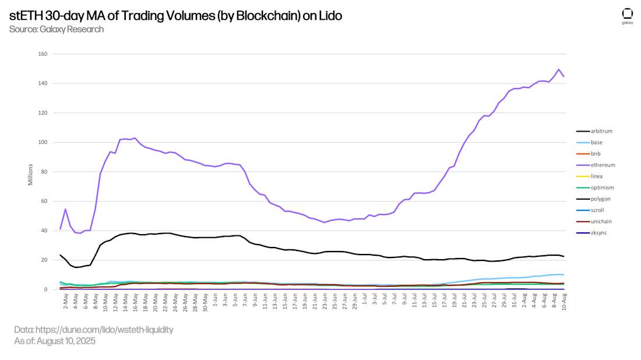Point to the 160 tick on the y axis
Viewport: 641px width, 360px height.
(x=43, y=54)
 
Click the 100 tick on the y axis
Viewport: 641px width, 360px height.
(x=43, y=142)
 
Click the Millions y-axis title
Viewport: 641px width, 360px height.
(x=31, y=174)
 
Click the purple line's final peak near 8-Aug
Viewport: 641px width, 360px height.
(x=559, y=69)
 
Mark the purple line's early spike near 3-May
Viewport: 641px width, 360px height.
(x=65, y=209)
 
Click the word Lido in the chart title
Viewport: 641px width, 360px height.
(x=330, y=16)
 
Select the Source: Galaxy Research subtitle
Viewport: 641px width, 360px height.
(x=57, y=29)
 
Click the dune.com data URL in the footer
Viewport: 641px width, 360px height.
(x=94, y=330)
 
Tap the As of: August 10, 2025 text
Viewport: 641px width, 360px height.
(x=55, y=341)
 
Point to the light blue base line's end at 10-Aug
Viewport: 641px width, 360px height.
(x=563, y=274)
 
